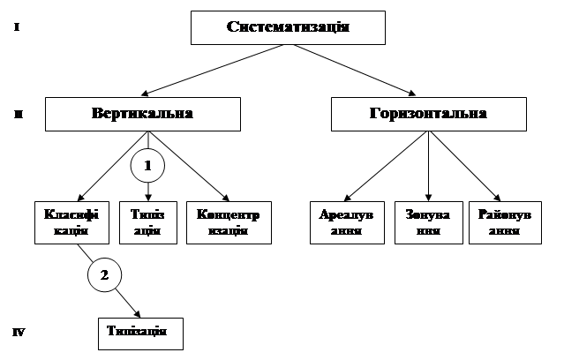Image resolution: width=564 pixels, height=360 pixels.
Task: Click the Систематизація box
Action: click(x=289, y=27)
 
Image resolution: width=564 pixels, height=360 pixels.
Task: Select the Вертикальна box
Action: click(x=142, y=115)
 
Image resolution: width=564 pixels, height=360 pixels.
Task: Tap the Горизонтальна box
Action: click(x=428, y=115)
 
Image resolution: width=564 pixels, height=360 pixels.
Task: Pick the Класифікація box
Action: click(x=64, y=222)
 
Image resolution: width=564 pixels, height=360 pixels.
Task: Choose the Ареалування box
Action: click(x=346, y=222)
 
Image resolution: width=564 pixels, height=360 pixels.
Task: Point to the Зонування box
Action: click(x=427, y=222)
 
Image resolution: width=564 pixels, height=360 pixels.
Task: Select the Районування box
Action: click(x=506, y=222)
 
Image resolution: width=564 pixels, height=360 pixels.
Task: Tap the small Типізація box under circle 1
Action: click(x=146, y=222)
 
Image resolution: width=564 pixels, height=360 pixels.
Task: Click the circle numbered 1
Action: click(x=147, y=165)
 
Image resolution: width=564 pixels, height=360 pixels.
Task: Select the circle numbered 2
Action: click(x=104, y=276)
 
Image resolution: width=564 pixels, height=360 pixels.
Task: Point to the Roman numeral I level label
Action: click(x=17, y=28)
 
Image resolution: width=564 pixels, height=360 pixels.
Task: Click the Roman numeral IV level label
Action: click(x=19, y=334)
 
